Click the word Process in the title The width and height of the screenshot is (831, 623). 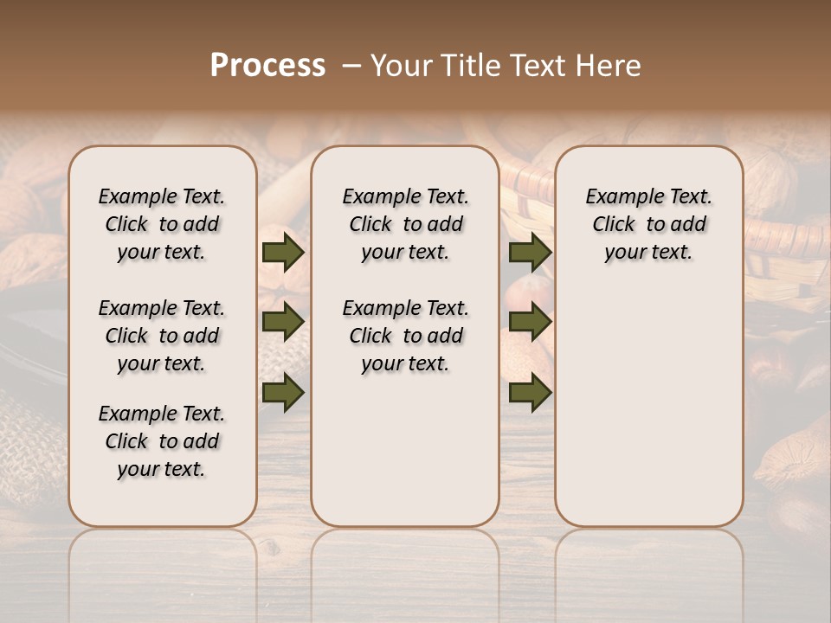click(267, 65)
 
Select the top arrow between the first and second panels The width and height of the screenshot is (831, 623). click(283, 253)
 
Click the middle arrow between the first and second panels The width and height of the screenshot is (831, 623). click(283, 323)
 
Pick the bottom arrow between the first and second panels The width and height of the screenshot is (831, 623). click(283, 392)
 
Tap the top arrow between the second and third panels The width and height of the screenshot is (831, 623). click(530, 253)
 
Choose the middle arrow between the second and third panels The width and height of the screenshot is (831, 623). click(530, 323)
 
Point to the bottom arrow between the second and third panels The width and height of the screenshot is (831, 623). click(530, 392)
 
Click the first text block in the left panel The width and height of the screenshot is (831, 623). click(162, 224)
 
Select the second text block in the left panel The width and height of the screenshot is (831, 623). click(162, 336)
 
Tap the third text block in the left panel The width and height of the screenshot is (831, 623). click(162, 441)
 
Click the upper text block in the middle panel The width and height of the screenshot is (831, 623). click(405, 224)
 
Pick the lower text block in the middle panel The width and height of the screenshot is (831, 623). click(405, 336)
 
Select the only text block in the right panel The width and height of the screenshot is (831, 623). click(649, 224)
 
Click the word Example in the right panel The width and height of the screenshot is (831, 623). click(617, 197)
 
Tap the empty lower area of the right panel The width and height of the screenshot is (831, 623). click(649, 407)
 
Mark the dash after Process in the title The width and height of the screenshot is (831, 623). click(351, 66)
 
